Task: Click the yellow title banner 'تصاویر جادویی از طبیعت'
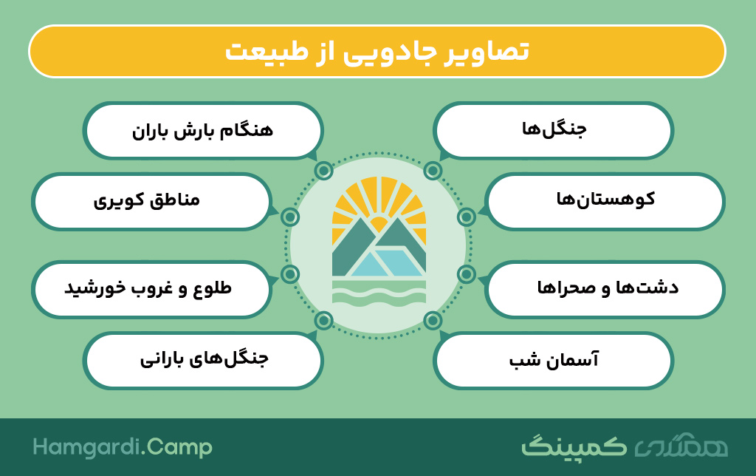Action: [377, 51]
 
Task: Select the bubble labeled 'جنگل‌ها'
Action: [553, 130]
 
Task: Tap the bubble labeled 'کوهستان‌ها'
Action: [605, 201]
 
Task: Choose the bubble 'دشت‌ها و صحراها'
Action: [605, 289]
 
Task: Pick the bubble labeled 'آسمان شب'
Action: [553, 360]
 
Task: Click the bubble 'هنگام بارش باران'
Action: [203, 130]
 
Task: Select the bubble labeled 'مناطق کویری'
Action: [151, 201]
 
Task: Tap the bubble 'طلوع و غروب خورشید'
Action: [151, 289]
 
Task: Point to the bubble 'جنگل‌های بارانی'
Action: [203, 360]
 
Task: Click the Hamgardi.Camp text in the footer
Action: [123, 447]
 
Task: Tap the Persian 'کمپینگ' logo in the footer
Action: [574, 446]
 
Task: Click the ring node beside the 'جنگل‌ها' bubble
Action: [433, 171]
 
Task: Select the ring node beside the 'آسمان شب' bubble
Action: [433, 320]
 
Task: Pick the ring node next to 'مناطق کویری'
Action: [289, 217]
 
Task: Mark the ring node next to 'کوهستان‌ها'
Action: [467, 217]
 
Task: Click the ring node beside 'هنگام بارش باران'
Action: [323, 171]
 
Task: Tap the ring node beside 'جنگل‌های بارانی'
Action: [323, 320]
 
